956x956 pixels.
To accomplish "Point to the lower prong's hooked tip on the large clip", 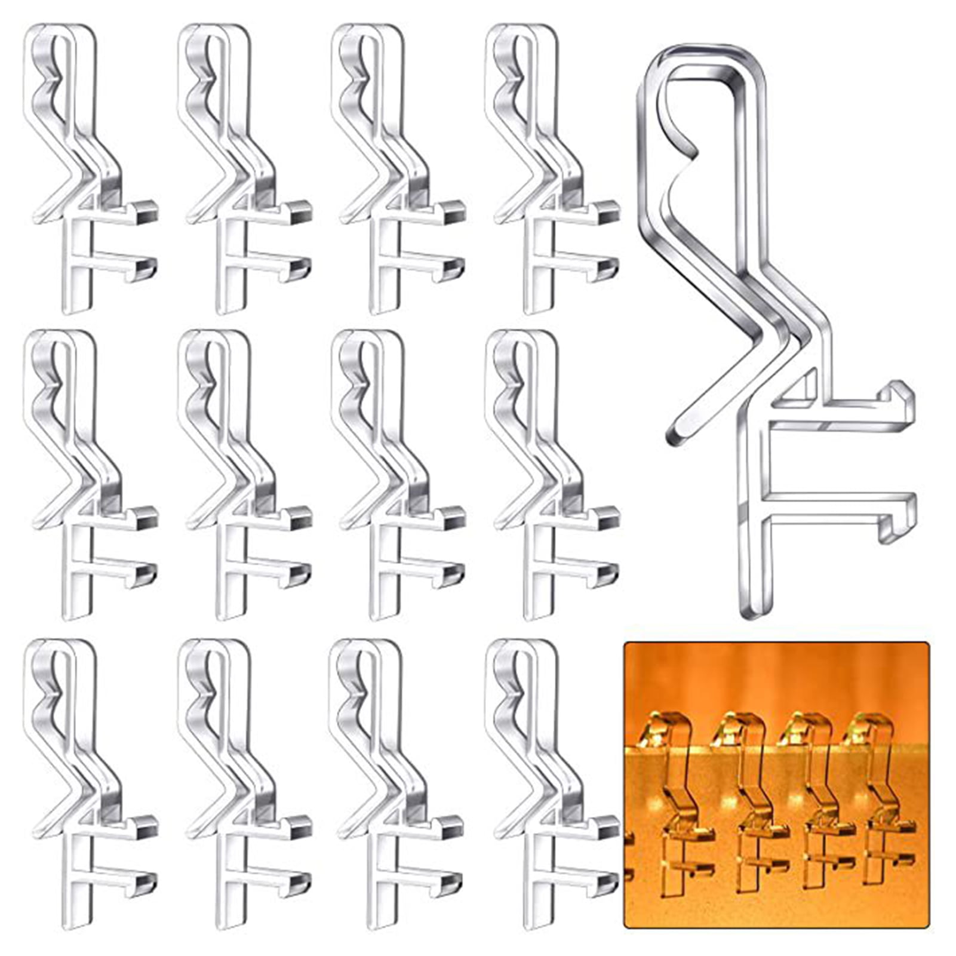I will (x=899, y=520).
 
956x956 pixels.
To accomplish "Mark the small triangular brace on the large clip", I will (x=803, y=385).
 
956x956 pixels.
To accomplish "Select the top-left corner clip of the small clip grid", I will (x=84, y=167).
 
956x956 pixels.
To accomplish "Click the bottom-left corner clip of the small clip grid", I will (x=84, y=782).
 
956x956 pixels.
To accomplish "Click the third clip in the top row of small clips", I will (x=391, y=167).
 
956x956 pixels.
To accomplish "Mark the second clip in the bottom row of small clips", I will (x=239, y=782).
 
